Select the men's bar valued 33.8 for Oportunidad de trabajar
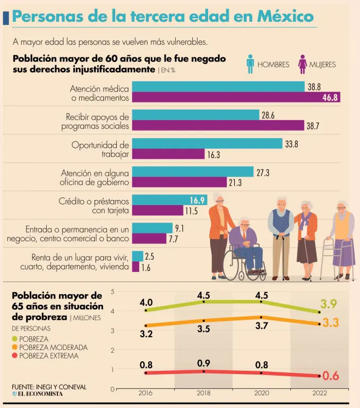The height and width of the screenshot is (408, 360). (207, 143)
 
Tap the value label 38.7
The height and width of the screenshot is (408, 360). (313, 125)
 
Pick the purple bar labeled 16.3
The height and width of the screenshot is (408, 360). (168, 154)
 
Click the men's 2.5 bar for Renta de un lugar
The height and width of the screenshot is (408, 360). (138, 257)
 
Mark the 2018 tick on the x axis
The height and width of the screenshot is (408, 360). (203, 394)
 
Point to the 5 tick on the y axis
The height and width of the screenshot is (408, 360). (113, 292)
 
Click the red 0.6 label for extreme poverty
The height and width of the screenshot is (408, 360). (330, 376)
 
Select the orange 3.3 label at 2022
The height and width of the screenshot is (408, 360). (330, 322)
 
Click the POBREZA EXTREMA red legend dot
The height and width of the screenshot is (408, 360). (15, 356)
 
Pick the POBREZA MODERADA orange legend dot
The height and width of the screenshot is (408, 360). (15, 347)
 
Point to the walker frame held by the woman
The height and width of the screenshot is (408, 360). (332, 258)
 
